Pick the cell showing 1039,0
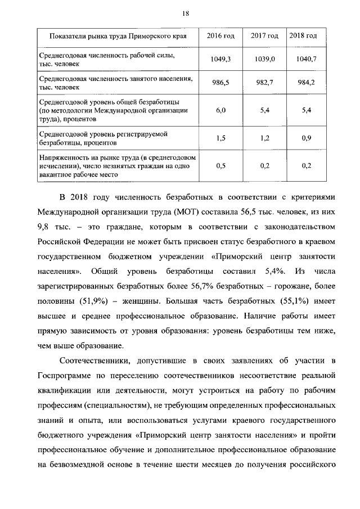[264, 59]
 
